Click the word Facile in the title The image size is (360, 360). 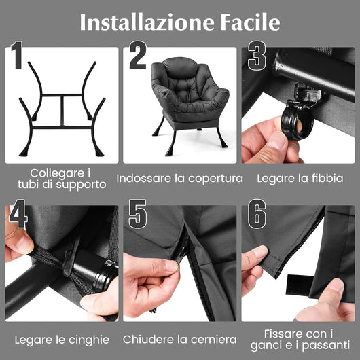click(x=246, y=22)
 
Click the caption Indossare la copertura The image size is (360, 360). click(x=180, y=179)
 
